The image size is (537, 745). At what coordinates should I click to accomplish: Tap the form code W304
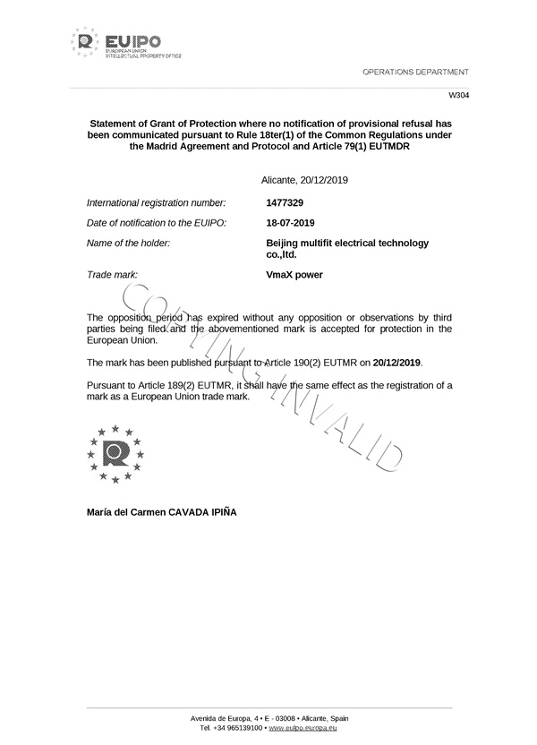[457, 95]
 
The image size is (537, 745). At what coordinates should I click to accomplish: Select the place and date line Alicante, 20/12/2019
[304, 181]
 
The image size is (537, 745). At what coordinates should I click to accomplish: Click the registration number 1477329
[286, 203]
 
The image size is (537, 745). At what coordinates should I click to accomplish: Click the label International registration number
[156, 203]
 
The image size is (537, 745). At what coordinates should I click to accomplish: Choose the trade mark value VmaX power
[294, 275]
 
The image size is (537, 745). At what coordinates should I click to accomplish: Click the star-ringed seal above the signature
[115, 453]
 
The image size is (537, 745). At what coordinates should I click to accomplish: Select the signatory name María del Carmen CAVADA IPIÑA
[162, 512]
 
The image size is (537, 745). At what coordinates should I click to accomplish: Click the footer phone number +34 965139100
[238, 728]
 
